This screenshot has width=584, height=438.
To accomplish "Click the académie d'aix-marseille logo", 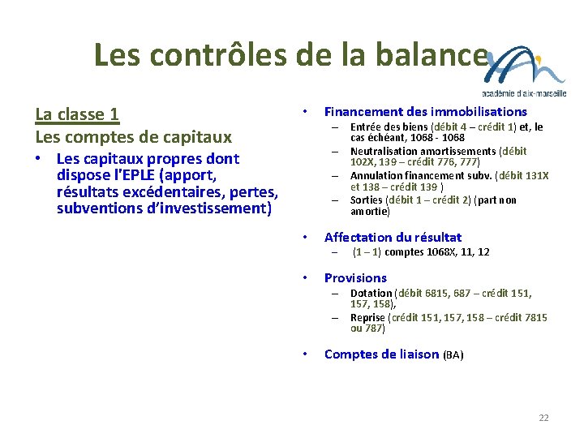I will pos(526,72).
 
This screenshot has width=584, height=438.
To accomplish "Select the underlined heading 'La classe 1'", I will pos(77,114).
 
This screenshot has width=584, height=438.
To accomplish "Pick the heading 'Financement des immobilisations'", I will pos(425,112).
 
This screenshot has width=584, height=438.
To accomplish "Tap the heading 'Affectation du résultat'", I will pos(393,237).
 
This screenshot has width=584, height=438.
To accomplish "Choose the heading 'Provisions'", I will pos(355,277).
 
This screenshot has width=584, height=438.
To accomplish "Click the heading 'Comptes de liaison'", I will pos(382,354).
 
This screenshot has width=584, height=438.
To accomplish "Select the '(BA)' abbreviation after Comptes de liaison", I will pos(453,354).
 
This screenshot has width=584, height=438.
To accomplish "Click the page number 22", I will pos(543,418).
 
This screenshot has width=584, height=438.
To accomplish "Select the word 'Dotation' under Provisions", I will pos(371,293).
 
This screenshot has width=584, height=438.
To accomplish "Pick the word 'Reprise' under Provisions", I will pos(367,317).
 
